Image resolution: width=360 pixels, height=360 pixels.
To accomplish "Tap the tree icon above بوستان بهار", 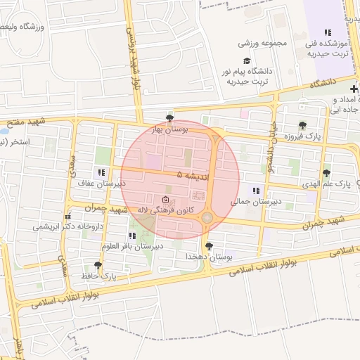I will [169, 117].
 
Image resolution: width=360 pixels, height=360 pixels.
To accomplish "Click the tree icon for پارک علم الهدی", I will [326, 173].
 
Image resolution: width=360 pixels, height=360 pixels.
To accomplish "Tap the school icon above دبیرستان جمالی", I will [256, 190].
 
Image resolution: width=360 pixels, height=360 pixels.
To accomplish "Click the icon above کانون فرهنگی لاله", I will [165, 200].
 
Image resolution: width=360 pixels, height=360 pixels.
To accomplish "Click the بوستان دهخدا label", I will [209, 257].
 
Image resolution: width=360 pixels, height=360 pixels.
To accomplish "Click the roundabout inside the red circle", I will [207, 218].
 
